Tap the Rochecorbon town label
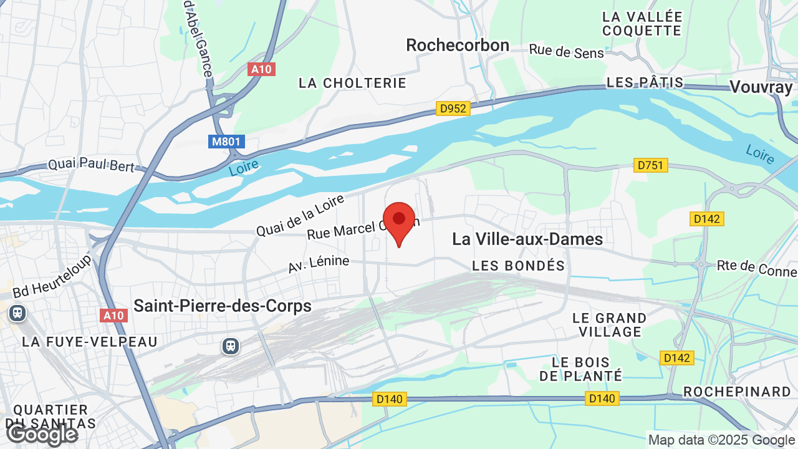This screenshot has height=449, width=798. (458, 45)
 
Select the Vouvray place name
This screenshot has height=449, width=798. (761, 87)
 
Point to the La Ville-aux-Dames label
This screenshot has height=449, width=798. (527, 239)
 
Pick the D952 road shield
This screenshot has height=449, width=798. (453, 109)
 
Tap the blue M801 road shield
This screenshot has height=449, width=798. (226, 142)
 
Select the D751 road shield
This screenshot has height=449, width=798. (651, 165)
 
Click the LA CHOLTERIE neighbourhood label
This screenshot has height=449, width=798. (352, 83)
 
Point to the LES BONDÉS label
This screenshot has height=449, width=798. (519, 266)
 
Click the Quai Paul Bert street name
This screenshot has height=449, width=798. (91, 165)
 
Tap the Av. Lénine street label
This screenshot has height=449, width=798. (319, 264)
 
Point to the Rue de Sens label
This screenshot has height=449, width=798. (567, 51)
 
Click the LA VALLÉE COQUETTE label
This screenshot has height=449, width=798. (642, 23)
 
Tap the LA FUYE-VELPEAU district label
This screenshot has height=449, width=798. (90, 342)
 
